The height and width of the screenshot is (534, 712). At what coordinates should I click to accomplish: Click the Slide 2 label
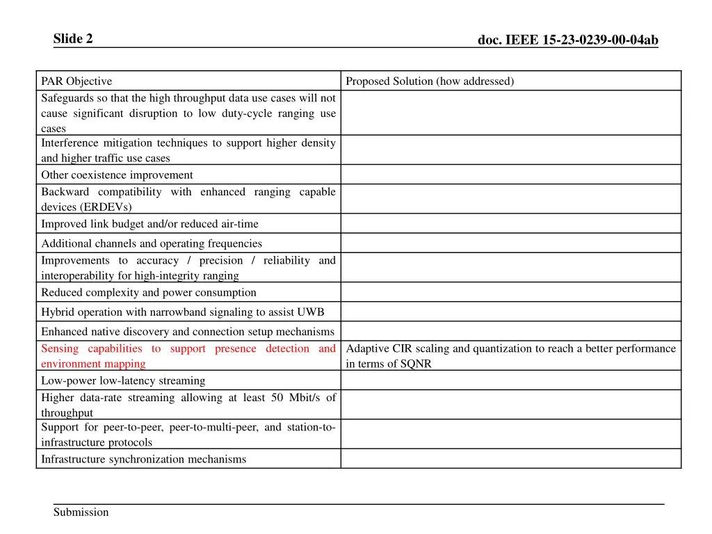73,39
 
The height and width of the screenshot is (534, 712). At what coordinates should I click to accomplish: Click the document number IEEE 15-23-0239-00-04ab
567,40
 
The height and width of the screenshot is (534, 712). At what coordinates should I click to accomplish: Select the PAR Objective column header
76,81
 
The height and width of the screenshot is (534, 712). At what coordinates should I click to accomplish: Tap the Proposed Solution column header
430,81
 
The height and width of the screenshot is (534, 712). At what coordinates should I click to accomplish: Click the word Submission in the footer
81,512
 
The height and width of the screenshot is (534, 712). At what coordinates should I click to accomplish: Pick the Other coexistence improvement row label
117,175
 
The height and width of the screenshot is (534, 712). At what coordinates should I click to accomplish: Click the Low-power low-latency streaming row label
123,380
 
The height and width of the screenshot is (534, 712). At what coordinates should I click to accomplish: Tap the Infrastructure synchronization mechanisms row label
143,459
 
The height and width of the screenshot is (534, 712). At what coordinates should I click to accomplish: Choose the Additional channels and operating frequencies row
152,243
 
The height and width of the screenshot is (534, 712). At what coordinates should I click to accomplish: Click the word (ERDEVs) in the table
86,207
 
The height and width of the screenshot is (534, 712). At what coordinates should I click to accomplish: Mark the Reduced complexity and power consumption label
148,292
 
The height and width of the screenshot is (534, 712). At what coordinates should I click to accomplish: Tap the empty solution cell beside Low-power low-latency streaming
510,380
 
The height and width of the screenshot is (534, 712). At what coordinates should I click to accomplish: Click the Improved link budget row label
149,224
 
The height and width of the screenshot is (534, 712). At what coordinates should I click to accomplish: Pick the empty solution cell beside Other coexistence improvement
510,175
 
